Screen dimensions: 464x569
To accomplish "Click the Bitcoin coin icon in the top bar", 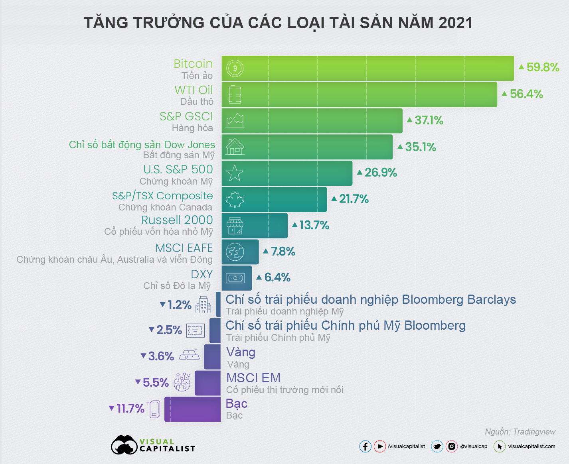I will [235, 68].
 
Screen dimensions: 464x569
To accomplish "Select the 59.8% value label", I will [542, 67].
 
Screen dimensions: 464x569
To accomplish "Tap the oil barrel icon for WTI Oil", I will [235, 94].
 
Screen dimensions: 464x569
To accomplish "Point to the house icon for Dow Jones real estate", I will [235, 147].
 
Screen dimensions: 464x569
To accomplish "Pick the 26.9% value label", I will [380, 173].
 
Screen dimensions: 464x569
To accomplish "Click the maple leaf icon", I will [235, 199].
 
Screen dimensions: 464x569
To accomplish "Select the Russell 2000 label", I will [177, 220].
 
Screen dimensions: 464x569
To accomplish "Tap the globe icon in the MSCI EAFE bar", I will [235, 252].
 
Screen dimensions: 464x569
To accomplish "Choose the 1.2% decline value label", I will [179, 305].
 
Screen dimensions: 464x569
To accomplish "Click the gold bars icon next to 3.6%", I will [189, 354].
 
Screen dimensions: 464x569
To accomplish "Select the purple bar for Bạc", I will [192, 409].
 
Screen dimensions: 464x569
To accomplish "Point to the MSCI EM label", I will [253, 378].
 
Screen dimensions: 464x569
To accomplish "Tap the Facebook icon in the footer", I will [365, 446].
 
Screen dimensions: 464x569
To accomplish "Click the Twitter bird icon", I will [437, 446].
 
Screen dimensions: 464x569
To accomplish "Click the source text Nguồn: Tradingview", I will [520, 432].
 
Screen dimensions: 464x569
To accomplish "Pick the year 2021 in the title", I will [455, 23].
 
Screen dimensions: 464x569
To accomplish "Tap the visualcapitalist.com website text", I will [531, 446].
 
